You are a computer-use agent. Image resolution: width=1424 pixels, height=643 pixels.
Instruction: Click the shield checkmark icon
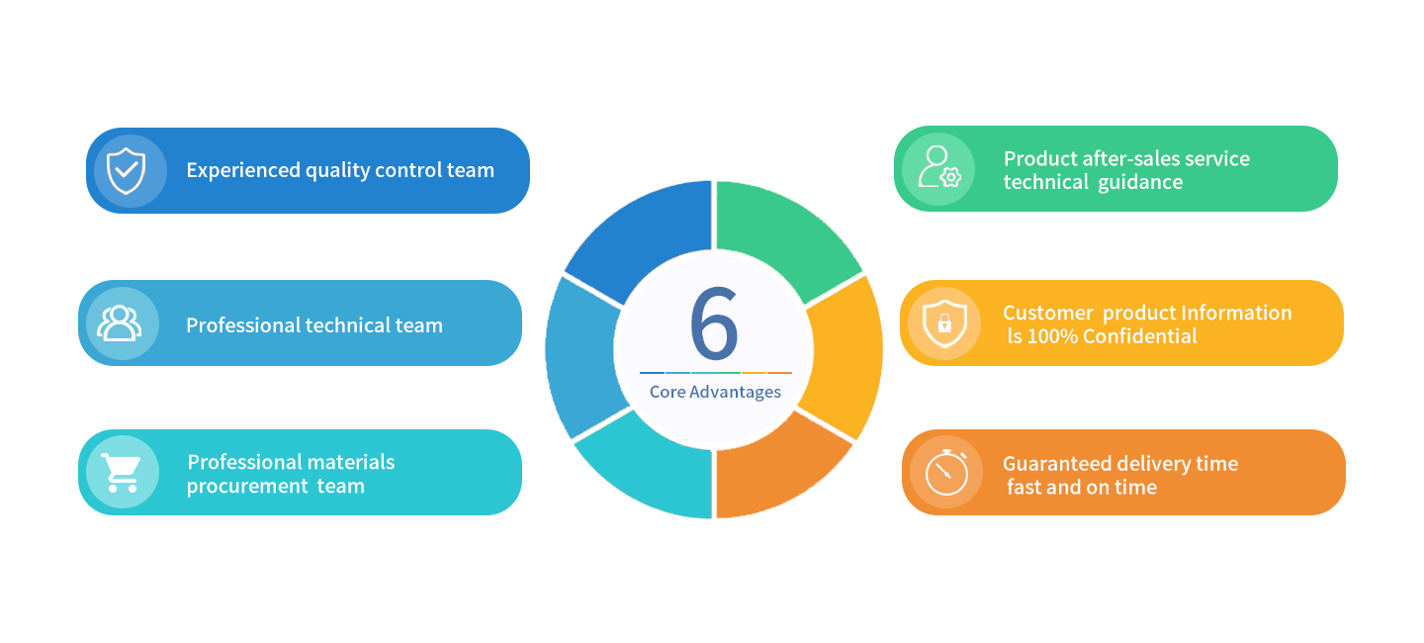click(x=126, y=170)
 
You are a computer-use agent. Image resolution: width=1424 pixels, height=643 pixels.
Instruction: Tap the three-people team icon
click(x=119, y=323)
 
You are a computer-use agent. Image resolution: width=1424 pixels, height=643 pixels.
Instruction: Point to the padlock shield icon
click(x=943, y=322)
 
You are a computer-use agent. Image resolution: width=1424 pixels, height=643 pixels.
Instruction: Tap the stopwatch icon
click(x=946, y=472)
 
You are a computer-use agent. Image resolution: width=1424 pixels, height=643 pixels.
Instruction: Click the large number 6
click(x=714, y=324)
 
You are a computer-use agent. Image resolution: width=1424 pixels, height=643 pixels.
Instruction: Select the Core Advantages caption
click(x=715, y=392)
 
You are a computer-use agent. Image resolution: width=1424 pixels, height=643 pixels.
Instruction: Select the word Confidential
click(x=1140, y=336)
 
